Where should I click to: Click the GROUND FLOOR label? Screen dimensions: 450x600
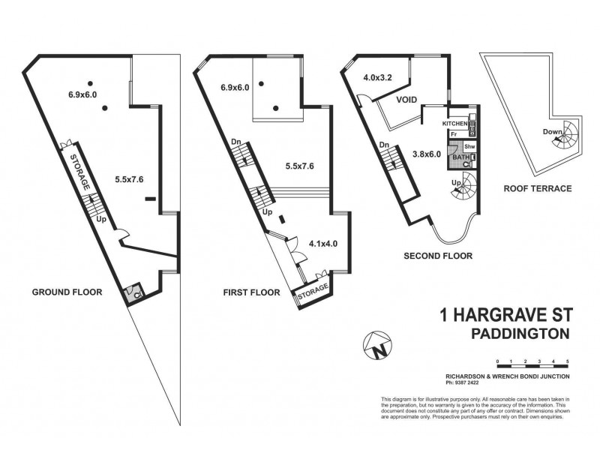(66, 292)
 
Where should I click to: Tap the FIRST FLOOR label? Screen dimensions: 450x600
(251, 292)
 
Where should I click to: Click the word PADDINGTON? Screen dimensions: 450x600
(520, 333)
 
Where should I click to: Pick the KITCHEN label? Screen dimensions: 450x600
(455, 123)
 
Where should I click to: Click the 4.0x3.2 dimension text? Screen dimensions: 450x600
(378, 77)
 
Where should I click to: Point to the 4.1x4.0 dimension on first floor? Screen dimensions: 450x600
(323, 244)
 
